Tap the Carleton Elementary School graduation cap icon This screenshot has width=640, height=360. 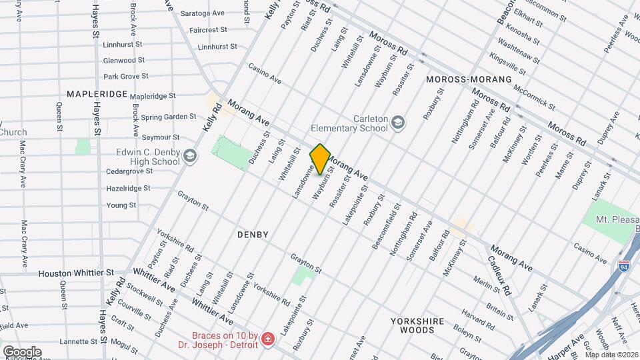[x=398, y=122]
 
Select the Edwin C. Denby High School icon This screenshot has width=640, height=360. [x=189, y=156]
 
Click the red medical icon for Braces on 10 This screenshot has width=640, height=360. [x=267, y=339]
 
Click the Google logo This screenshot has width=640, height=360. [x=21, y=351]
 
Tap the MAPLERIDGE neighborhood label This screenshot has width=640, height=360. [x=97, y=94]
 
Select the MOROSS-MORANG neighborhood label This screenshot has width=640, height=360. [x=468, y=79]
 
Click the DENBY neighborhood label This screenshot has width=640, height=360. [x=253, y=235]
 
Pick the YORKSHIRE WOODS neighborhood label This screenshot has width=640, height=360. [x=417, y=325]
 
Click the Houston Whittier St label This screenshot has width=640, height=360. [x=76, y=273]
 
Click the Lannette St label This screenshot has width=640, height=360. [x=78, y=341]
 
